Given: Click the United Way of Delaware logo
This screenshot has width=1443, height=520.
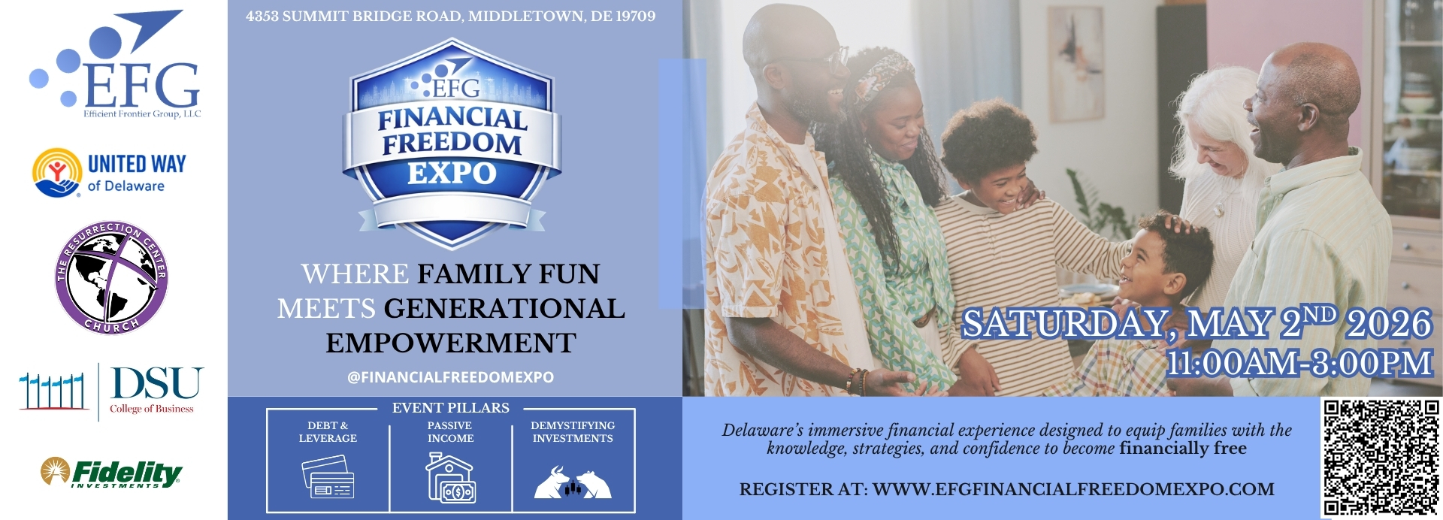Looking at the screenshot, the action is click(109, 173).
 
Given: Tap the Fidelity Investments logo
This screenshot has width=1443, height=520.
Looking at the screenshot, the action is click(111, 473).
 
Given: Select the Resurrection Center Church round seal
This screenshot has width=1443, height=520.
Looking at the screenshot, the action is click(111, 277).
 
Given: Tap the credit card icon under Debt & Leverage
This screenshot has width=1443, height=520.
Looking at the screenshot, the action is click(328, 477).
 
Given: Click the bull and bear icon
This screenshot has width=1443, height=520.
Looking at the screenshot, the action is click(573, 482).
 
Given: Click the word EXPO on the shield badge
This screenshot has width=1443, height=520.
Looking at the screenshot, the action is click(452, 174).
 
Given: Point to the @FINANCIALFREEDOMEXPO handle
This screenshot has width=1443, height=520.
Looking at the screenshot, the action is click(450, 377).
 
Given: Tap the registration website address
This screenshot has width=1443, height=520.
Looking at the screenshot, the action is click(1074, 489).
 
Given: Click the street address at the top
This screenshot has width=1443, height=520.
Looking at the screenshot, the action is click(450, 16).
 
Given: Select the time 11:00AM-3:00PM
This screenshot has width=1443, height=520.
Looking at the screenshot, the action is click(1299, 364).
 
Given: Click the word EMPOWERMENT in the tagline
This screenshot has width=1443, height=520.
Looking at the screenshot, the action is click(451, 343).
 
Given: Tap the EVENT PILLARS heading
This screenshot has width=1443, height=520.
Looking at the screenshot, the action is click(451, 408).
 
